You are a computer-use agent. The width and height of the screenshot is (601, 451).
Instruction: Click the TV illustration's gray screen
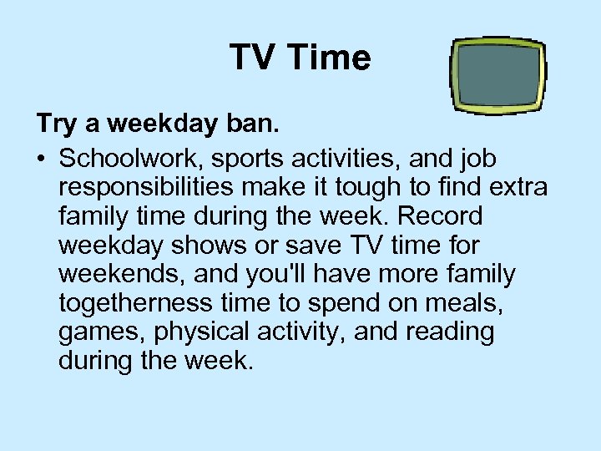[x=497, y=74]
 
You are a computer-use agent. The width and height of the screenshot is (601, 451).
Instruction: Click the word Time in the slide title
[x=332, y=58]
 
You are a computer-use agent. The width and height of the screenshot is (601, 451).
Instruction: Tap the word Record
[x=440, y=216]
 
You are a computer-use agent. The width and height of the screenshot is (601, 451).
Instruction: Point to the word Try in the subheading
[x=57, y=125]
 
